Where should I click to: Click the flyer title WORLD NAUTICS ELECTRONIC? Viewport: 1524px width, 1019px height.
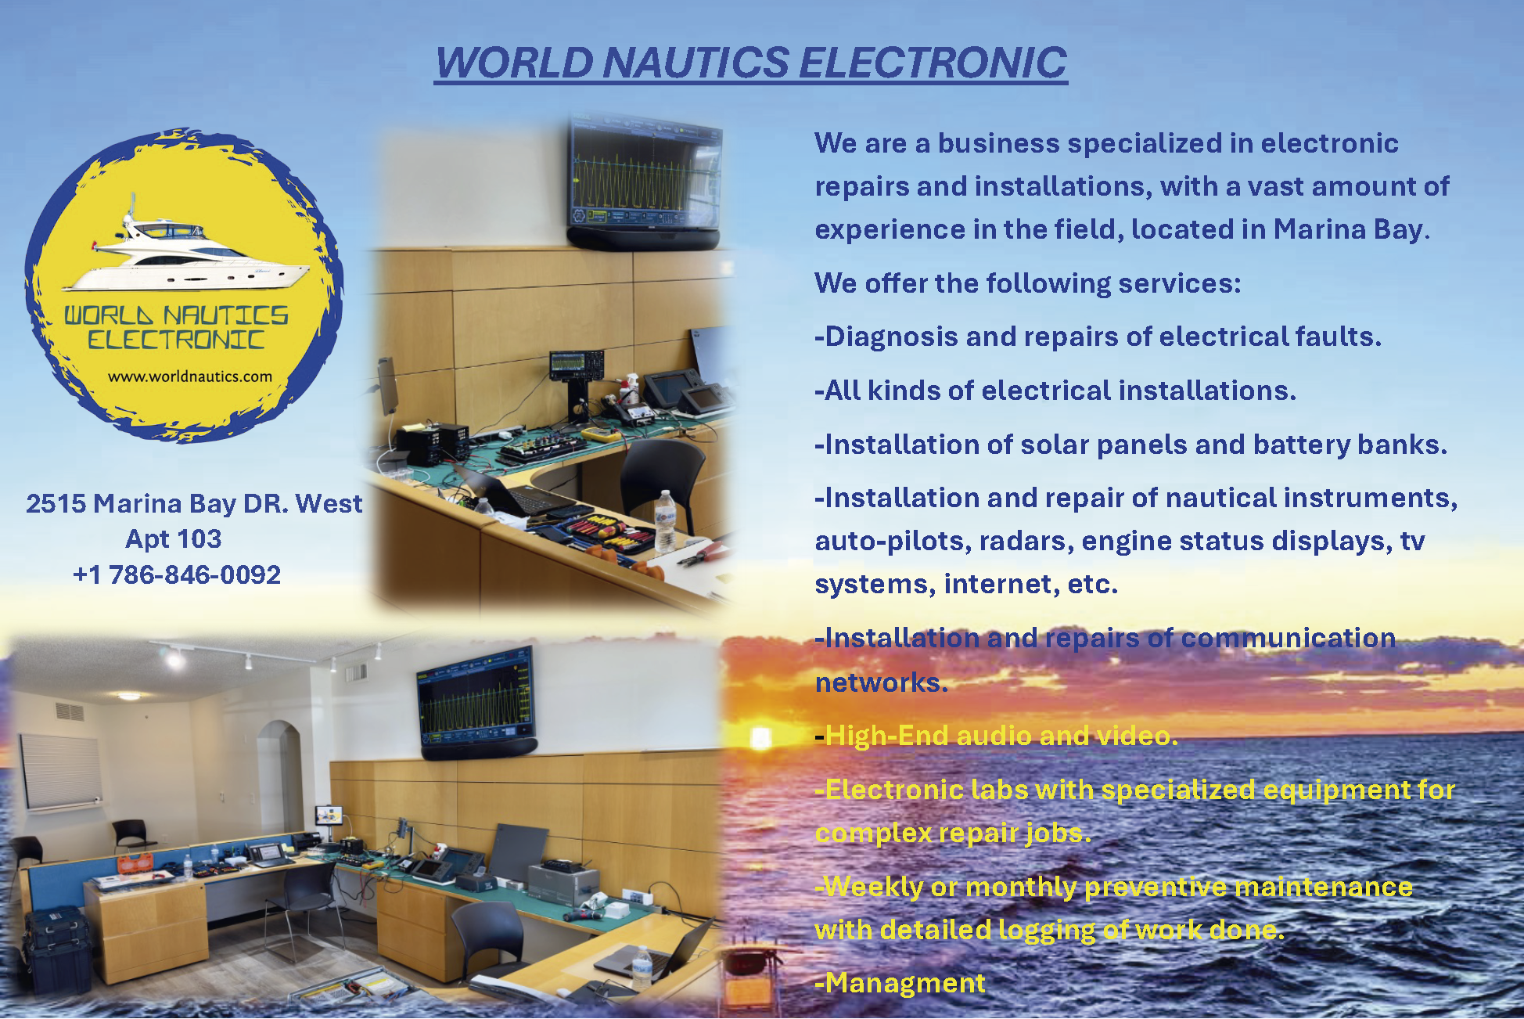pyautogui.click(x=751, y=63)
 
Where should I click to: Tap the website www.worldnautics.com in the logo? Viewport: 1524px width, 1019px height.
pyautogui.click(x=190, y=376)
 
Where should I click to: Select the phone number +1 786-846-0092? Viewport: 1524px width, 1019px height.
pyautogui.click(x=177, y=574)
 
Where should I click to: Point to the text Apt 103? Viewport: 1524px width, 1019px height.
pyautogui.click(x=174, y=538)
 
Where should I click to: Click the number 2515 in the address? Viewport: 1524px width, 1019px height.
pyautogui.click(x=56, y=503)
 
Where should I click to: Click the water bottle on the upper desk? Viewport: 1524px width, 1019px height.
pyautogui.click(x=665, y=520)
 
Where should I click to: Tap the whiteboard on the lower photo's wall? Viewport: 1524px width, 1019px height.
pyautogui.click(x=61, y=771)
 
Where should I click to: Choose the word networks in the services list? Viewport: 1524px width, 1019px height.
pyautogui.click(x=882, y=682)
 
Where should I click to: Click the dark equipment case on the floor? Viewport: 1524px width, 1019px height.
pyautogui.click(x=56, y=953)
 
